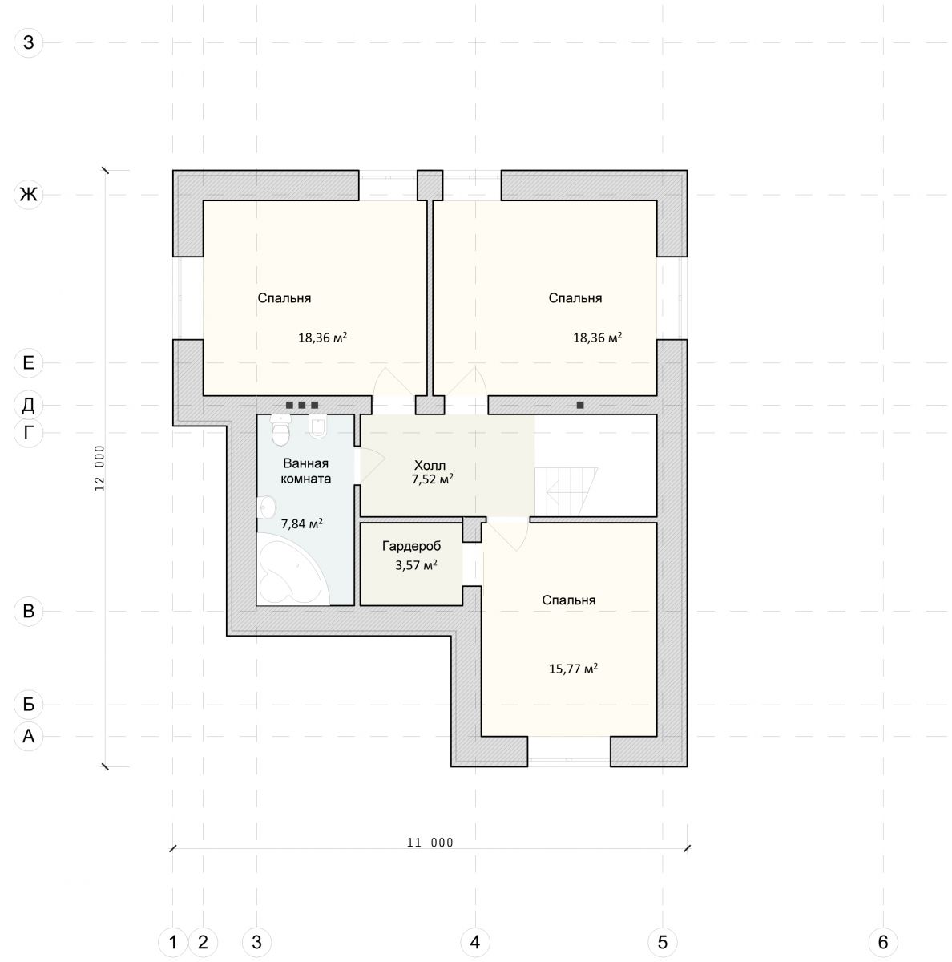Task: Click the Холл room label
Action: pyautogui.click(x=430, y=465)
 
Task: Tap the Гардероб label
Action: pyautogui.click(x=411, y=546)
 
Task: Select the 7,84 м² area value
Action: pyautogui.click(x=301, y=523)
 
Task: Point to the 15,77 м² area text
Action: pyautogui.click(x=573, y=669)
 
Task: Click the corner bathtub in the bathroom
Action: pyautogui.click(x=291, y=569)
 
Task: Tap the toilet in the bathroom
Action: pyautogui.click(x=280, y=430)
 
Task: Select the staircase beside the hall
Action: pyautogui.click(x=566, y=491)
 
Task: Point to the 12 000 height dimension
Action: pyautogui.click(x=100, y=468)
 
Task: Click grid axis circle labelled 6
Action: pyautogui.click(x=882, y=942)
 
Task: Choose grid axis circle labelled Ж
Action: pyautogui.click(x=29, y=194)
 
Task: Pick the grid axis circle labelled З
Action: pyautogui.click(x=29, y=42)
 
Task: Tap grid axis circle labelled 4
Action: pyautogui.click(x=474, y=942)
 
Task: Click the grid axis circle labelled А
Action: pyautogui.click(x=29, y=736)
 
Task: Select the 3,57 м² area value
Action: pyautogui.click(x=417, y=565)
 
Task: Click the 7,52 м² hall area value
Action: pyautogui.click(x=432, y=479)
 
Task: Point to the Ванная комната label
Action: pyautogui.click(x=305, y=471)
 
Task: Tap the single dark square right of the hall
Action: pyautogui.click(x=580, y=405)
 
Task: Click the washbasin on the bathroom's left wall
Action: pyautogui.click(x=266, y=507)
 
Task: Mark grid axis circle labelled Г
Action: pyautogui.click(x=29, y=433)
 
